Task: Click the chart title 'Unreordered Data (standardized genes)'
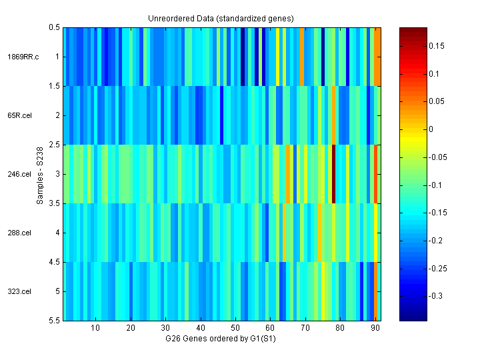(221, 18)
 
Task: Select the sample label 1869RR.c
(23, 57)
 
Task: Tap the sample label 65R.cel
(20, 115)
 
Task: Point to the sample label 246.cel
(20, 174)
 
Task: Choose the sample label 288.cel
(20, 233)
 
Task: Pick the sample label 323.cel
(20, 291)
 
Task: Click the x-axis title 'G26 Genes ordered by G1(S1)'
(222, 339)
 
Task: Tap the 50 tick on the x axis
(235, 328)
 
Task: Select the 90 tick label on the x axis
(375, 328)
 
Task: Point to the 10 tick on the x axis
(95, 328)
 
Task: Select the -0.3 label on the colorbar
(434, 295)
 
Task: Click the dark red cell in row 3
(333, 174)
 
